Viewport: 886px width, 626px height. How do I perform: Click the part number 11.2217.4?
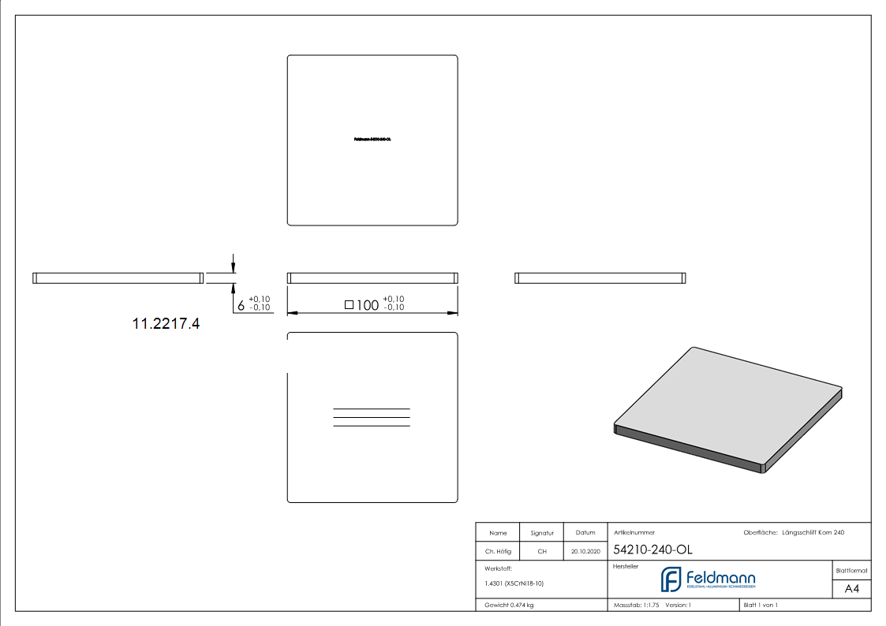coord(166,323)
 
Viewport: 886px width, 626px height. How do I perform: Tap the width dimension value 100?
coord(368,305)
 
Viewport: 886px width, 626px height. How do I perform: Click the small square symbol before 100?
coord(349,304)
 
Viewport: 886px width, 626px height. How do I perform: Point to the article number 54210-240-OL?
coord(641,550)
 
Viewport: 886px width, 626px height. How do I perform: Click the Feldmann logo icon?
coord(671,579)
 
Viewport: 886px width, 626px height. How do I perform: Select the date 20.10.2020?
coord(585,551)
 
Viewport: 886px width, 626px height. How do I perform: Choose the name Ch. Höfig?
coord(498,551)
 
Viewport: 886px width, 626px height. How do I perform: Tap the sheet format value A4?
coord(852,589)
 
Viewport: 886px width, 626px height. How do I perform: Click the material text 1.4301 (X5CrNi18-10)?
coord(514,583)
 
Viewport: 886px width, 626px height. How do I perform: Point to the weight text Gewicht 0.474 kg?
coord(509,605)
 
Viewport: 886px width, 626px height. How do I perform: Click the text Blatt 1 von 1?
coord(761,605)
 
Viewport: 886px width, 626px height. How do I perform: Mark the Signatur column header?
coord(542,533)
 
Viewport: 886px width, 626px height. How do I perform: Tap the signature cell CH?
coord(542,551)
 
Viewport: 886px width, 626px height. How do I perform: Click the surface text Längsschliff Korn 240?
coord(813,533)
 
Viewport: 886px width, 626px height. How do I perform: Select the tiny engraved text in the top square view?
coord(372,139)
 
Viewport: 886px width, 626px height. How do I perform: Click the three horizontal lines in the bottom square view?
coord(372,417)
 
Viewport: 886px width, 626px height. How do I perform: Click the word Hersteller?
coord(626,567)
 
